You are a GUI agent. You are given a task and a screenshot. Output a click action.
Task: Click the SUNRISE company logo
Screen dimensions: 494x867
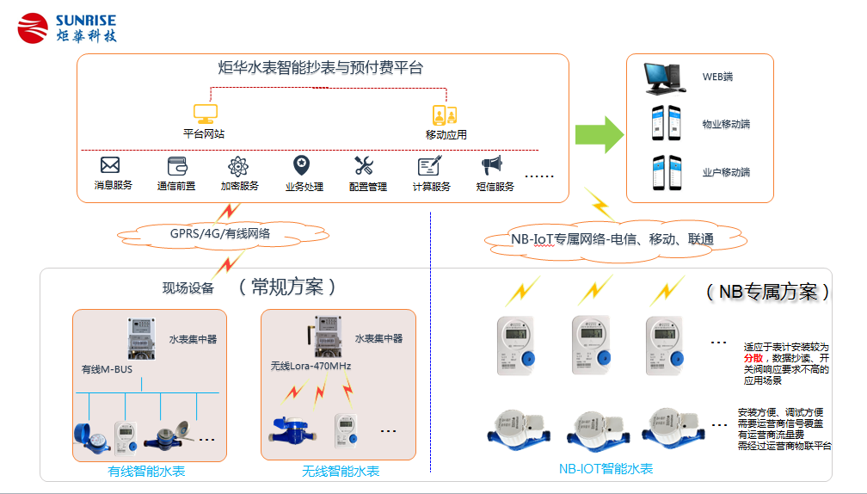[67, 27]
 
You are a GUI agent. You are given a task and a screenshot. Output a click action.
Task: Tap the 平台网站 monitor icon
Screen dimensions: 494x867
[205, 114]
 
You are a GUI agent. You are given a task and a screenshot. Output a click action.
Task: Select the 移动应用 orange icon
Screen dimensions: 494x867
[445, 114]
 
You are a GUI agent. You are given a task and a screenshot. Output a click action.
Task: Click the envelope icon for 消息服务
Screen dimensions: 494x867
[110, 165]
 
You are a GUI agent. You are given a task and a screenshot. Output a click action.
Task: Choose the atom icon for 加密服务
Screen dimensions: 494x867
[237, 165]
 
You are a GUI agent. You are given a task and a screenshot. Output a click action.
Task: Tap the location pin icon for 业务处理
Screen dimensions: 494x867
[301, 164]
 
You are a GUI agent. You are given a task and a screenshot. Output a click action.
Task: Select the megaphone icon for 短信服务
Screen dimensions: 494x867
[491, 165]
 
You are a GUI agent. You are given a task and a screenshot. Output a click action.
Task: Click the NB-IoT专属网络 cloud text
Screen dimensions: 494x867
[612, 239]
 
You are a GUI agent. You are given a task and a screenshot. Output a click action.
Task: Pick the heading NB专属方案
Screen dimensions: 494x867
[768, 291]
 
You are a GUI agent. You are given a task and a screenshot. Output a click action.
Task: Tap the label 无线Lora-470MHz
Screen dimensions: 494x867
[311, 367]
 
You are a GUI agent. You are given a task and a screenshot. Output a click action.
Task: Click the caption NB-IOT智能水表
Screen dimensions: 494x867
[606, 469]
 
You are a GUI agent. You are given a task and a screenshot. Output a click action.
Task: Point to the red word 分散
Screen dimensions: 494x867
[753, 356]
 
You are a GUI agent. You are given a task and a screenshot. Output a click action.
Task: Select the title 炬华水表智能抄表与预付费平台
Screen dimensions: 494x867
[320, 67]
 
